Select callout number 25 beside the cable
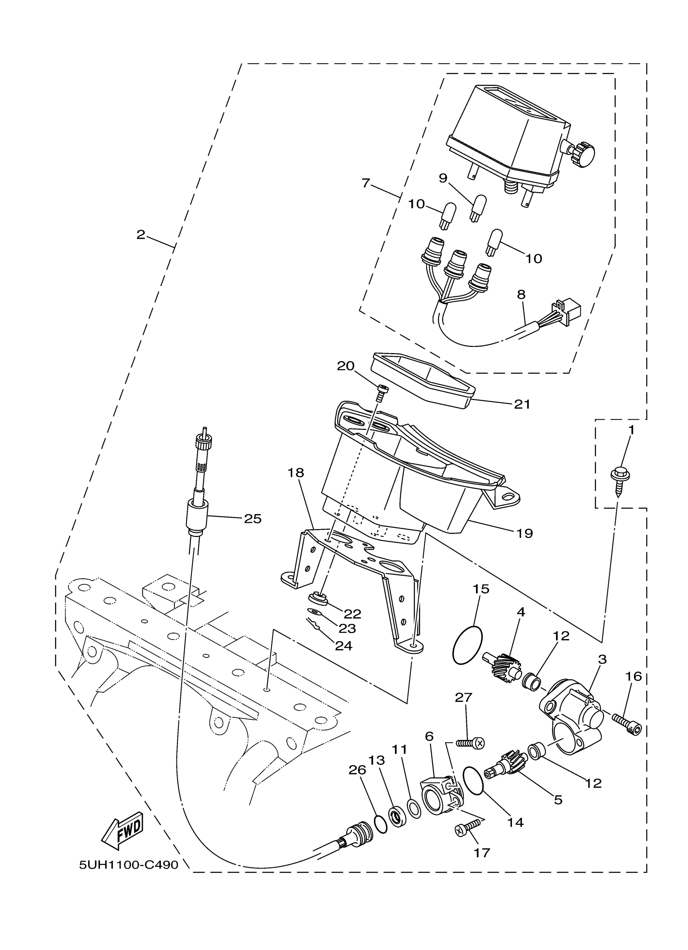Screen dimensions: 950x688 click(253, 519)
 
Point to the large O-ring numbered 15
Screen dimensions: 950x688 click(467, 645)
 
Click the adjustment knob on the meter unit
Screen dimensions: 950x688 click(582, 153)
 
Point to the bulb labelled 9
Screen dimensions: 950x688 click(478, 208)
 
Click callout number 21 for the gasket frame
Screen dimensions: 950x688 click(522, 404)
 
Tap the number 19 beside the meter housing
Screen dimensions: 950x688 click(524, 533)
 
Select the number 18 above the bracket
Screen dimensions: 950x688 click(295, 473)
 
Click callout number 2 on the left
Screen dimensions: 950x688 click(141, 235)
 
